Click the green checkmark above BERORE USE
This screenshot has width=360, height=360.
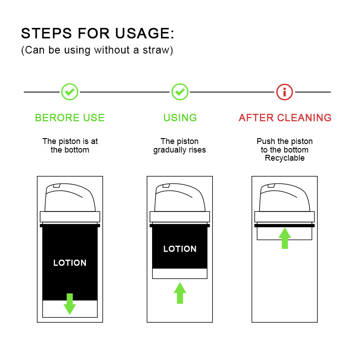70,92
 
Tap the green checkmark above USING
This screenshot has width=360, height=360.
180,92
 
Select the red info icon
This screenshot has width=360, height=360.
284,92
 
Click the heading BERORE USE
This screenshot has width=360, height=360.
70,117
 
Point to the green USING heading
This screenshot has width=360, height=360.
180,117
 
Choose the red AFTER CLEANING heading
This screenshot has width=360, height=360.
285,117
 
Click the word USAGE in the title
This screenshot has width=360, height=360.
142,33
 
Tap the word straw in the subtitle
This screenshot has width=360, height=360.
156,50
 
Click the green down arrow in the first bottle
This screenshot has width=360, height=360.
70,304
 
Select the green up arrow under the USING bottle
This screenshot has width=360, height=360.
180,293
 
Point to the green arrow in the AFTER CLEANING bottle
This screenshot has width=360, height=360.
285,238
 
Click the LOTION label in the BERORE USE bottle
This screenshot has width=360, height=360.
70,263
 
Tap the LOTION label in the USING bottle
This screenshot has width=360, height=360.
180,249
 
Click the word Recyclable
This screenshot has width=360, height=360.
285,158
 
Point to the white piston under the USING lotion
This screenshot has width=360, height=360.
180,274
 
